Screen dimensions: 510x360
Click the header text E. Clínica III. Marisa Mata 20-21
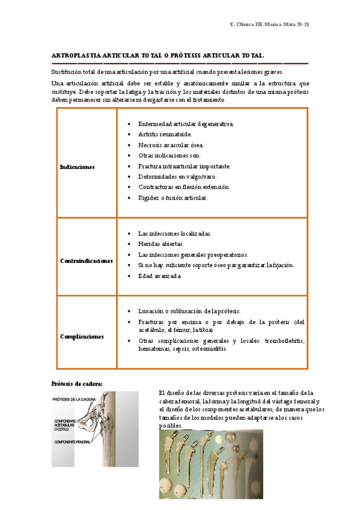pyautogui.click(x=269, y=24)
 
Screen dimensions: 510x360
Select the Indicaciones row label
pyautogui.click(x=78, y=167)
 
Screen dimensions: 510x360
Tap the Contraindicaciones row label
pyautogui.click(x=87, y=261)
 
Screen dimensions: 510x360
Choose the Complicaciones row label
pyautogui.click(x=82, y=337)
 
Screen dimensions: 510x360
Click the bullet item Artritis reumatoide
pyautogui.click(x=165, y=134)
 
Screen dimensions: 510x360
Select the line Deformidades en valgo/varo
pyautogui.click(x=177, y=177)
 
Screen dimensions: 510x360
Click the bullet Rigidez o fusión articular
pyautogui.click(x=173, y=198)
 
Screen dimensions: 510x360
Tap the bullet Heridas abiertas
pyautogui.click(x=161, y=244)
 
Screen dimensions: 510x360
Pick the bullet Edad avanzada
pyautogui.click(x=159, y=276)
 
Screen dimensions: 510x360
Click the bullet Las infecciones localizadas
pyautogui.click(x=174, y=233)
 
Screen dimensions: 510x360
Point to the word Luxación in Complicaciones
pyautogui.click(x=150, y=311)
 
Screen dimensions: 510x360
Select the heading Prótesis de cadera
pyautogui.click(x=77, y=384)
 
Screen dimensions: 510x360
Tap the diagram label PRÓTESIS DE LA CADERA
pyautogui.click(x=74, y=399)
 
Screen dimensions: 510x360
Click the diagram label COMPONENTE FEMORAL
pyautogui.click(x=73, y=442)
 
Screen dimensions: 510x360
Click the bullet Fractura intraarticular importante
pyautogui.click(x=185, y=166)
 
